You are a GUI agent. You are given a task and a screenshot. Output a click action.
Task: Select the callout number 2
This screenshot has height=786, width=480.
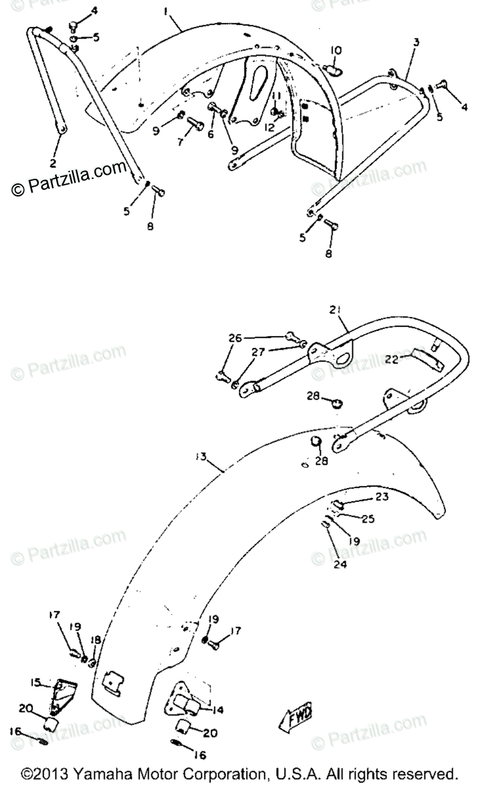tap(53, 161)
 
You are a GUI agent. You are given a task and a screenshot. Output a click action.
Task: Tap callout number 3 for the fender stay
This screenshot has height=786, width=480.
tap(416, 42)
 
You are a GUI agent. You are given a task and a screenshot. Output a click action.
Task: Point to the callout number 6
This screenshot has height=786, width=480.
tap(211, 134)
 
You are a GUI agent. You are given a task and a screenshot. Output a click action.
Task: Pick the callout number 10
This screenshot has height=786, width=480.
tap(335, 50)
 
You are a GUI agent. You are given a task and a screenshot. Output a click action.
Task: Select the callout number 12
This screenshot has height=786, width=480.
tap(269, 128)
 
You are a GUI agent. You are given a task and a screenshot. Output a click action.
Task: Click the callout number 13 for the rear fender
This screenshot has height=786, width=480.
tap(200, 456)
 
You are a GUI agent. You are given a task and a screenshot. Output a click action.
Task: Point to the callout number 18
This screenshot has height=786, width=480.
tap(96, 639)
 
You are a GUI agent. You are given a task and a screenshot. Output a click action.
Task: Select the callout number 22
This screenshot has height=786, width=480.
tap(392, 360)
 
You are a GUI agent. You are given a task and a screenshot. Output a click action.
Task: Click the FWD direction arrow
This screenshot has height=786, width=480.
tap(299, 718)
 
